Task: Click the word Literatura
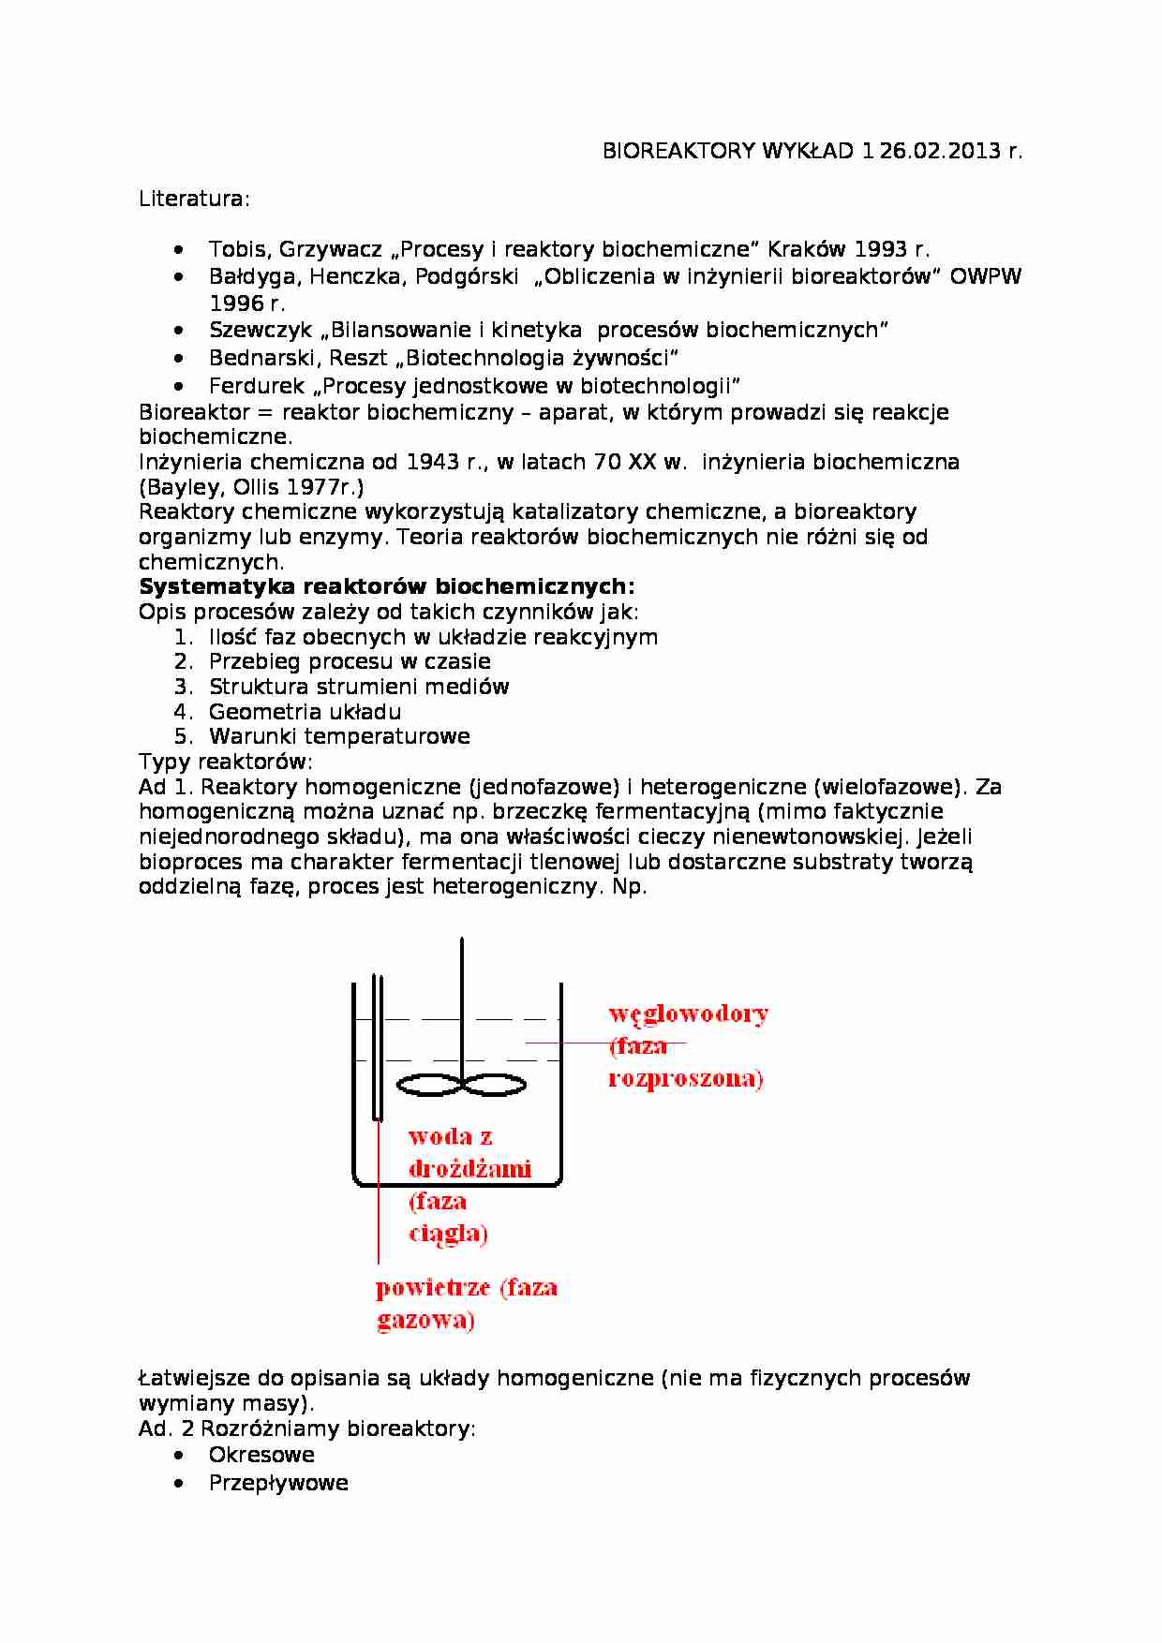(193, 199)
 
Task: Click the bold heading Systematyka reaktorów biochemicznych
(386, 586)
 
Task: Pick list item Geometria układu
(305, 711)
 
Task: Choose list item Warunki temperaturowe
(339, 736)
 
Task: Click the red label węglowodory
(688, 1014)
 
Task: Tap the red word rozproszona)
(685, 1078)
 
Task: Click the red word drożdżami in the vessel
(469, 1168)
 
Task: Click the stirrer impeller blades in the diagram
(461, 1085)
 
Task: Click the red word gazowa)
(425, 1321)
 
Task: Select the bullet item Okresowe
(261, 1455)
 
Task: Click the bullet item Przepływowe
(278, 1483)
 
